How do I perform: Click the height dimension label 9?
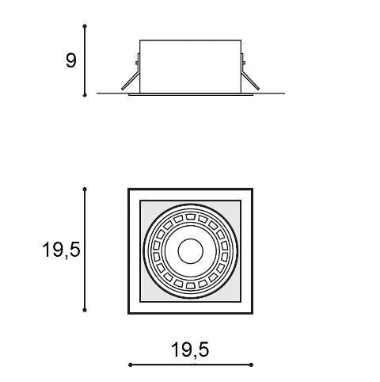click(x=70, y=60)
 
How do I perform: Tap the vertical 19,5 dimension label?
click(x=61, y=250)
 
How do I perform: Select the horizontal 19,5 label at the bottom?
click(x=190, y=350)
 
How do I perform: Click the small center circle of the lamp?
click(x=190, y=251)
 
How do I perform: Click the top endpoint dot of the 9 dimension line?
click(x=85, y=26)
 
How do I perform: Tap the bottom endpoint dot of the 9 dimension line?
click(x=85, y=95)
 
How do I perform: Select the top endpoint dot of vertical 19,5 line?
click(x=85, y=189)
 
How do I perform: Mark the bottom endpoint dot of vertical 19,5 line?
click(x=85, y=310)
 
